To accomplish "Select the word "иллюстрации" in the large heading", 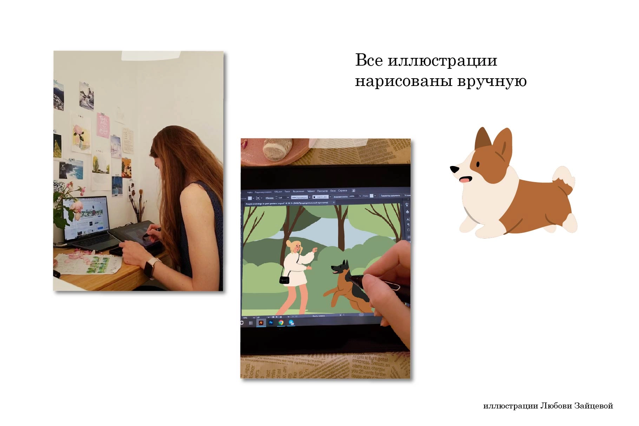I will (442, 61).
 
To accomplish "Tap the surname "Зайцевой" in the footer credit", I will (593, 406).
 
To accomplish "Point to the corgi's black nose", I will (454, 169).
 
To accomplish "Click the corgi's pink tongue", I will (465, 180).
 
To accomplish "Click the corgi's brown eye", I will (477, 164).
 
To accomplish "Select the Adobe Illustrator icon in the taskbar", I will (261, 322).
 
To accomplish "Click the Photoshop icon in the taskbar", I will (271, 322).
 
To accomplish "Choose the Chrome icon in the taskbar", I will (281, 322).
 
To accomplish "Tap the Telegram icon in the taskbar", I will (291, 322).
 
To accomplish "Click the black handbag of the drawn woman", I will (284, 280).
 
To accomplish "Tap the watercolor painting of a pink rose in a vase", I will (80, 135).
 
